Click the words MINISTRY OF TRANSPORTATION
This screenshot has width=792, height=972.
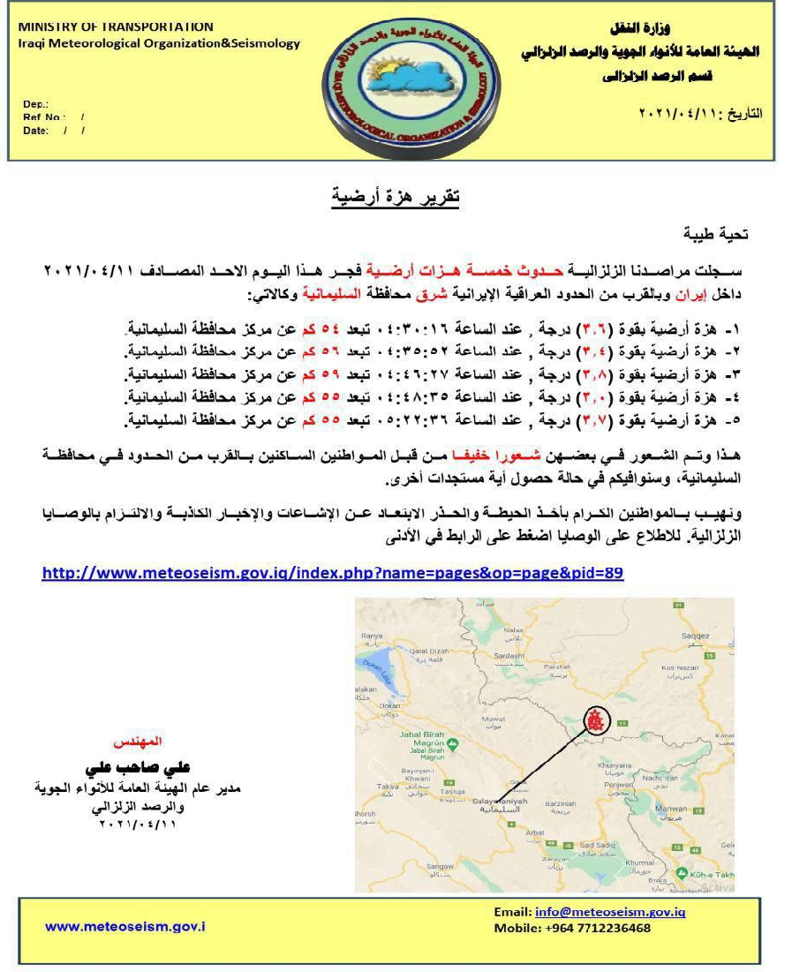116,26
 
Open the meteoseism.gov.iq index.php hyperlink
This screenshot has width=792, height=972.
332,573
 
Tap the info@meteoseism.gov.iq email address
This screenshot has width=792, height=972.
609,912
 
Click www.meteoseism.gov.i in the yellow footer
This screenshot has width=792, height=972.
125,926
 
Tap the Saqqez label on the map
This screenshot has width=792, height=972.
696,635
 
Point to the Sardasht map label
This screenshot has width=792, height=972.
509,656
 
